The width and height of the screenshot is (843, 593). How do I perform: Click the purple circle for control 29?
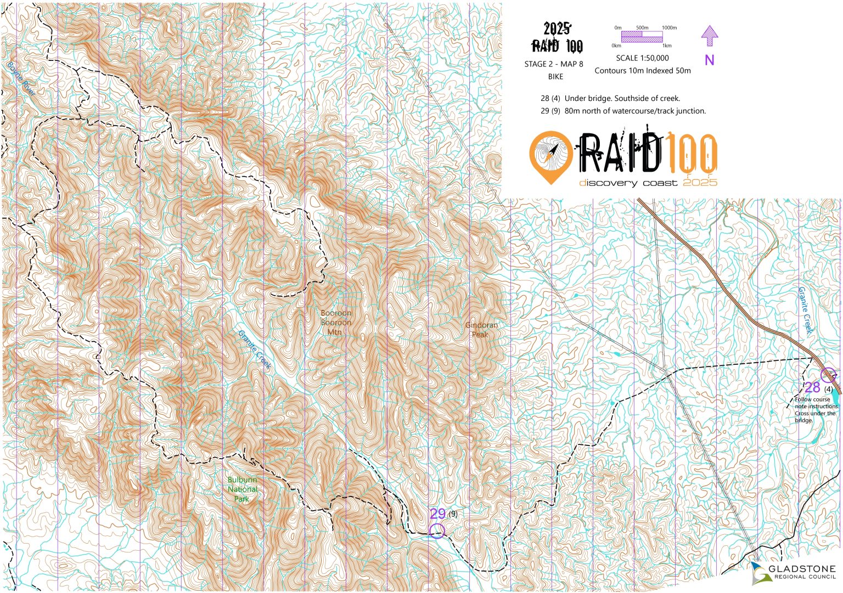click(437, 530)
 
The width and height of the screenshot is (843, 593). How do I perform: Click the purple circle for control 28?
click(828, 375)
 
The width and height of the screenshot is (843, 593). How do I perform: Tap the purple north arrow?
click(710, 37)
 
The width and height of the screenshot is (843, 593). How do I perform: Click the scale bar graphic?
click(642, 37)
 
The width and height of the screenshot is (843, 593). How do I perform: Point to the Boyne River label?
click(21, 79)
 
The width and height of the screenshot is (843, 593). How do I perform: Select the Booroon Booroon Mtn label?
click(336, 323)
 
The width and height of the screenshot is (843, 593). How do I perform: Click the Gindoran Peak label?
click(481, 330)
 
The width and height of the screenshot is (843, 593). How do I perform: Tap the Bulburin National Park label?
click(242, 489)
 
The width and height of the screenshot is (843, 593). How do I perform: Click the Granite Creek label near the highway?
click(805, 310)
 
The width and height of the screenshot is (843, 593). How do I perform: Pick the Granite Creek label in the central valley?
click(255, 349)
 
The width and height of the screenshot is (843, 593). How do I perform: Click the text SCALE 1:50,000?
click(642, 58)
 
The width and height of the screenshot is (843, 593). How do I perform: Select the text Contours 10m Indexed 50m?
click(642, 71)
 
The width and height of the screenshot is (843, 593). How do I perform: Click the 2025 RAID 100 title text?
click(557, 38)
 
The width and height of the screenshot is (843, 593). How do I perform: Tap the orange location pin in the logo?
click(550, 156)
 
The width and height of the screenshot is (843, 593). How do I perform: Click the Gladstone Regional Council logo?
click(793, 572)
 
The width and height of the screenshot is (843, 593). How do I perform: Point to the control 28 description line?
click(610, 99)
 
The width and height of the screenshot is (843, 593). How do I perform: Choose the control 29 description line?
click(623, 111)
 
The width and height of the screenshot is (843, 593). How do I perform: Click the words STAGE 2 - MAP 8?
click(553, 64)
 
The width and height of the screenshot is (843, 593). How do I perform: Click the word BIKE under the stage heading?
click(555, 77)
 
